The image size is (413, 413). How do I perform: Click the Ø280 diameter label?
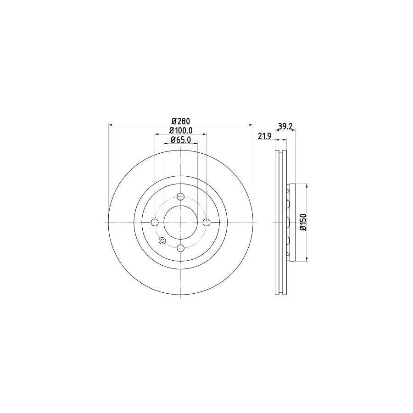click(181, 121)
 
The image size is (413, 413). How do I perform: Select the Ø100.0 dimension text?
click(181, 130)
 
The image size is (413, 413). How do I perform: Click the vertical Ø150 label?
click(302, 223)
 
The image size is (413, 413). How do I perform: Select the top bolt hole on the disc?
click(181, 197)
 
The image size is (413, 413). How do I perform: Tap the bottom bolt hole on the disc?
click(181, 248)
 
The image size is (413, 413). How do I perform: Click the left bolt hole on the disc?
click(155, 223)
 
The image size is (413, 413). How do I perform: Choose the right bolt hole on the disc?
click(206, 223)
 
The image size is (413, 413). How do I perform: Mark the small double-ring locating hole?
click(162, 241)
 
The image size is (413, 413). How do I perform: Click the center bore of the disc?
click(181, 223)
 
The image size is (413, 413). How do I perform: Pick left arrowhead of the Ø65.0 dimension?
click(166, 143)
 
